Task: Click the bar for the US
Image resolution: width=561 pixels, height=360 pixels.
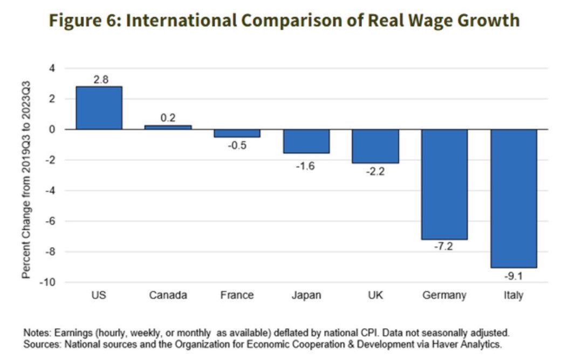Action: [99, 108]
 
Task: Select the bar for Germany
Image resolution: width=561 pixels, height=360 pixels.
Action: [444, 184]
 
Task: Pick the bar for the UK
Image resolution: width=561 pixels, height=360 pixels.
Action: [375, 146]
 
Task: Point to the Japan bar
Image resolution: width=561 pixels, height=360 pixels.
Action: [306, 141]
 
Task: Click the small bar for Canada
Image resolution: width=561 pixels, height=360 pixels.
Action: [168, 127]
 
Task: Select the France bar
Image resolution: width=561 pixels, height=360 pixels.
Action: [237, 133]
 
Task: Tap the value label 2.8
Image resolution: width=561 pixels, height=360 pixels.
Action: [100, 79]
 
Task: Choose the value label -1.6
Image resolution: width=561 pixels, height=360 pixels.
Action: [306, 166]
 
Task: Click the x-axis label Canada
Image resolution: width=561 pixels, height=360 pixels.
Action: [168, 295]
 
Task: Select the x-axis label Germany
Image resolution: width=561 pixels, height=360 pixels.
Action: [444, 295]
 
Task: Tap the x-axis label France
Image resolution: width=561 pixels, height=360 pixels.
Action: [237, 295]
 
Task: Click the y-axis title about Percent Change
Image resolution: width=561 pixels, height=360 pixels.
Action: [26, 180]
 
